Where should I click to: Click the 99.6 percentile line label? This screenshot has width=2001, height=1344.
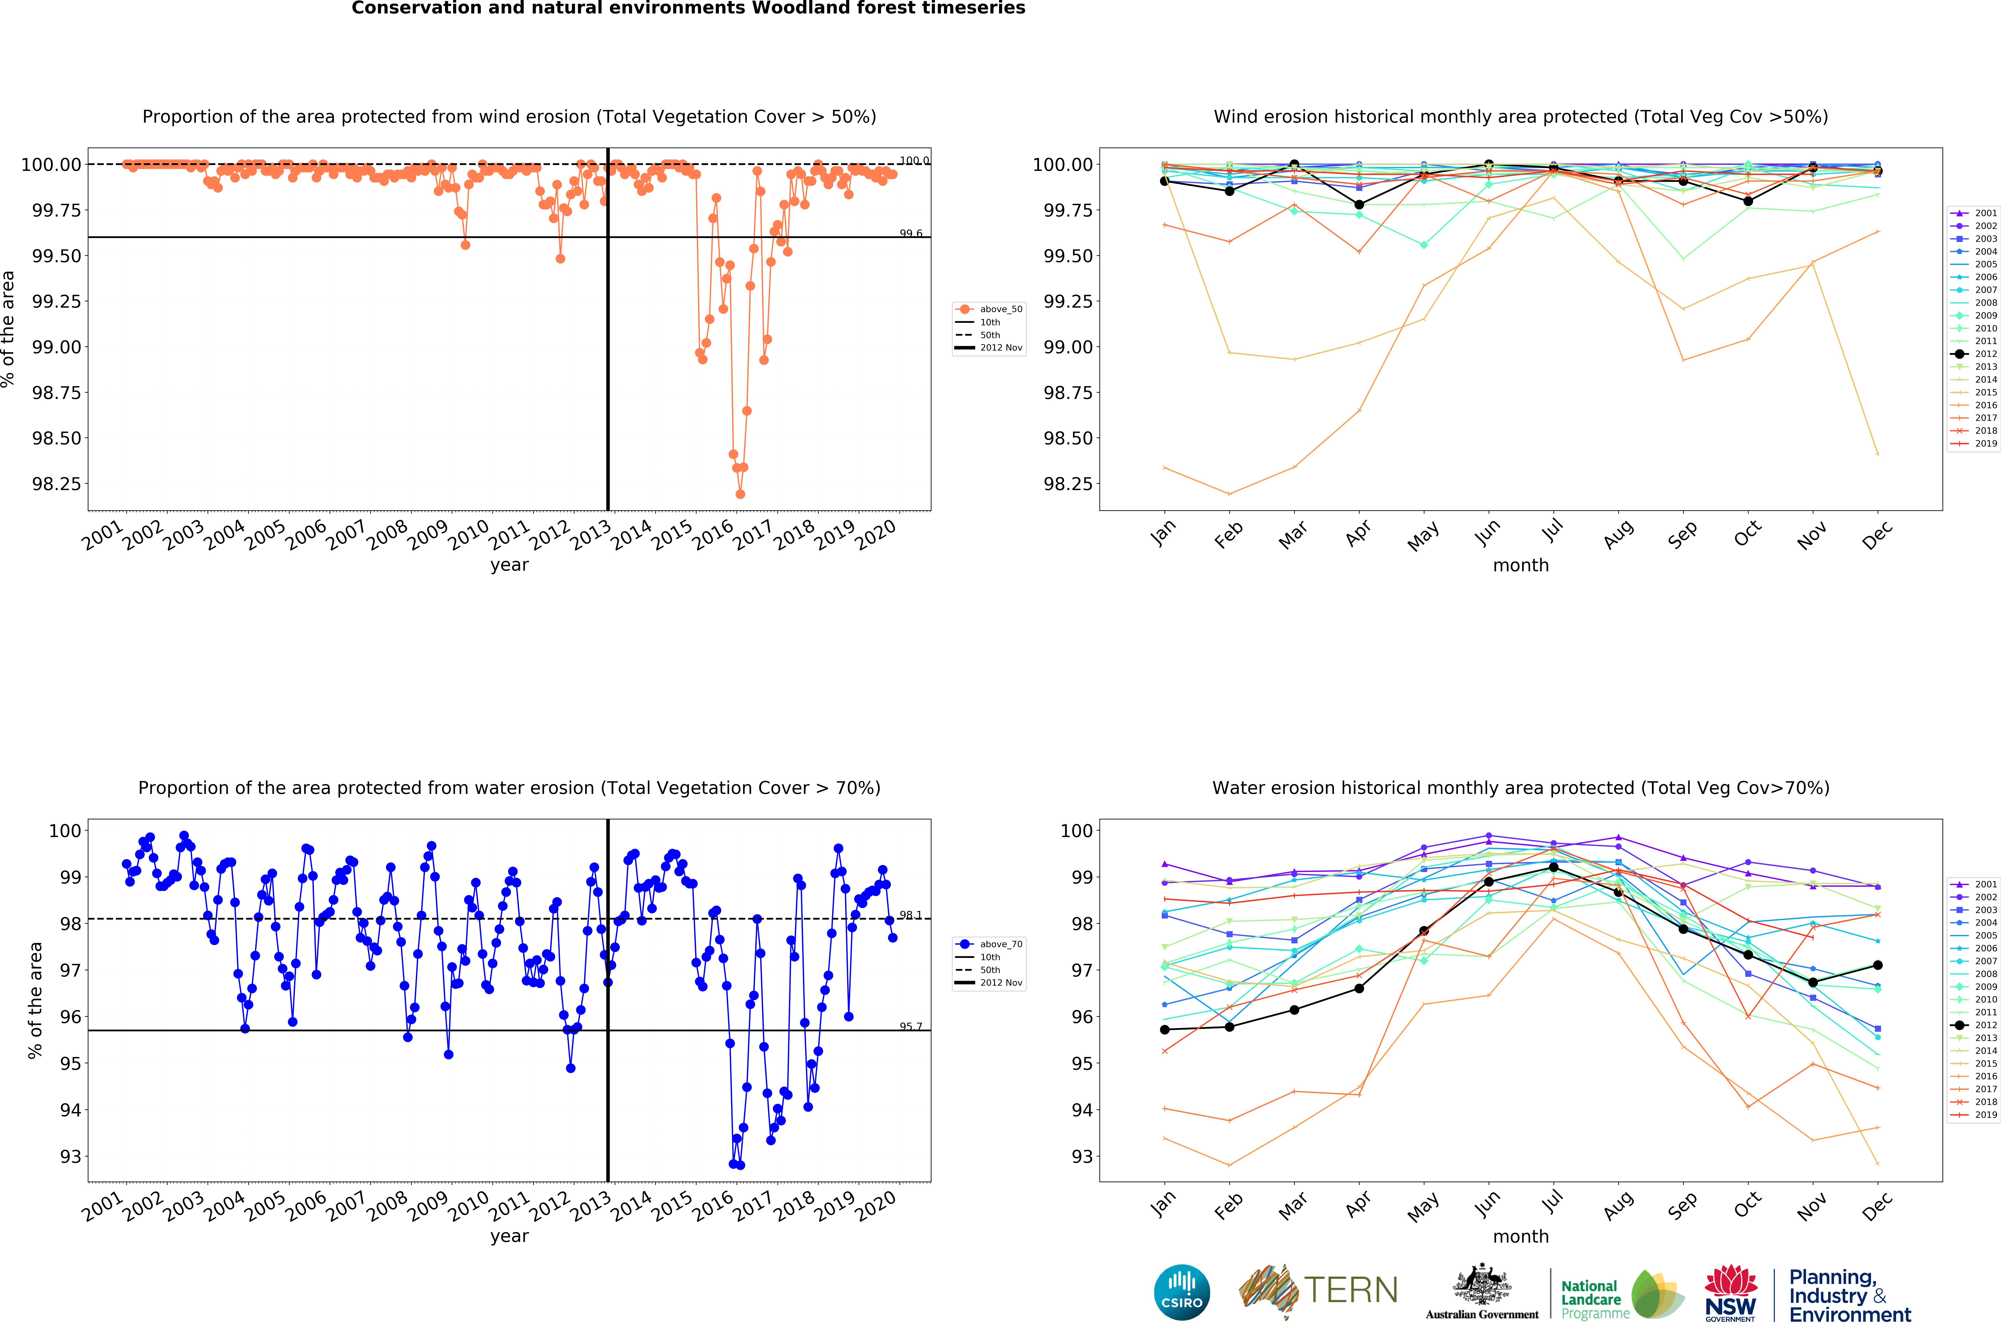tap(910, 233)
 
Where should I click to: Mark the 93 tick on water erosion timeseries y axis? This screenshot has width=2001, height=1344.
tap(70, 1156)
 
